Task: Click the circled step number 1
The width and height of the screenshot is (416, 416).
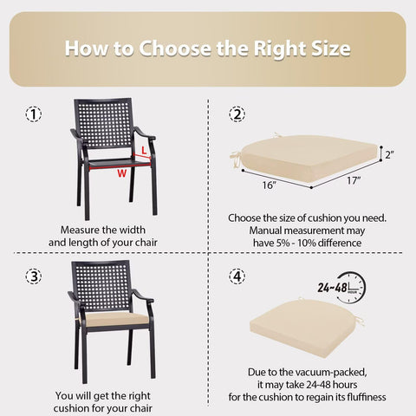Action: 34,114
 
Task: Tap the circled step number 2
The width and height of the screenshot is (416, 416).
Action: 237,114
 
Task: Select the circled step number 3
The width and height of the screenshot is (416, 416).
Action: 34,276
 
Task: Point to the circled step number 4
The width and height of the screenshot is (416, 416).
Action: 237,276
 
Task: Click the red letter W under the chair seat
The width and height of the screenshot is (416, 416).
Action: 121,173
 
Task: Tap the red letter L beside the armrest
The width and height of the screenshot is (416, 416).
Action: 144,150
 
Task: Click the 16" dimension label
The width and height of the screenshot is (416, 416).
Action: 270,185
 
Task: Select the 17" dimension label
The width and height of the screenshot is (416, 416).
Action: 354,180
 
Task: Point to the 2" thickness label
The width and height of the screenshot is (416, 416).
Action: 390,155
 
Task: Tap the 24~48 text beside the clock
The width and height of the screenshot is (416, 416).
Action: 332,288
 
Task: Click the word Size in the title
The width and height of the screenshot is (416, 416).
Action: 331,49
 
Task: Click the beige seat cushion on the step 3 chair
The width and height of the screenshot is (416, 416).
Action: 114,320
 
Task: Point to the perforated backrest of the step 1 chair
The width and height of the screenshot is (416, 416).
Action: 104,123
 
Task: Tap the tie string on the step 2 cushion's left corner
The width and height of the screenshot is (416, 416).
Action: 237,159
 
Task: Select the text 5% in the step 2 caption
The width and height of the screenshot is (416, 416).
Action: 283,243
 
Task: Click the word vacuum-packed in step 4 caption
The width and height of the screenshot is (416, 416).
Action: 337,373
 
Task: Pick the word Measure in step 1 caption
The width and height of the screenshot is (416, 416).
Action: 80,230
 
